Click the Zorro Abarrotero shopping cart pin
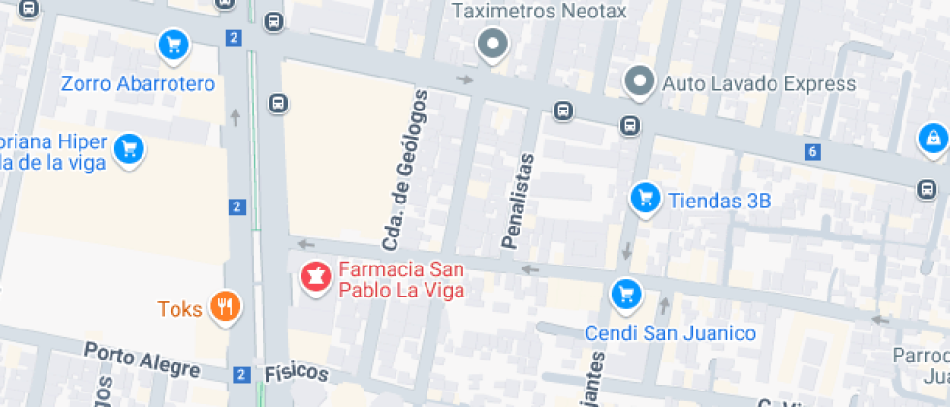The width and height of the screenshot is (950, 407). click(x=174, y=45)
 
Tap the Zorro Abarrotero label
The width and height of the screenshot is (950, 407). click(x=138, y=84)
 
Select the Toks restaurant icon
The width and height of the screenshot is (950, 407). click(x=226, y=308)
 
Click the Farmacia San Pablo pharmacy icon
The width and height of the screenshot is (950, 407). click(x=314, y=278)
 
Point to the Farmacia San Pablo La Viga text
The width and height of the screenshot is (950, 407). click(x=401, y=279)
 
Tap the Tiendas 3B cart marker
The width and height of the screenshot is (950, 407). click(x=645, y=200)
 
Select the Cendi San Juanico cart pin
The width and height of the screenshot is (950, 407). click(x=625, y=293)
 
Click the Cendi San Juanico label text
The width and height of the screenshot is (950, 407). click(x=670, y=333)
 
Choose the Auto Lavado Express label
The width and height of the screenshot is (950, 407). click(x=759, y=84)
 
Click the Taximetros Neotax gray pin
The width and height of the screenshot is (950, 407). click(x=494, y=44)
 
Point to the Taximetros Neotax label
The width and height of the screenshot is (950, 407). click(x=541, y=12)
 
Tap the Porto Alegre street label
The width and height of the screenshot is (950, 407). click(x=142, y=360)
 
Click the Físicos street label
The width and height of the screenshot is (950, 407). click(x=297, y=374)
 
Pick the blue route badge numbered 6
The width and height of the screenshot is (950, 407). click(x=812, y=151)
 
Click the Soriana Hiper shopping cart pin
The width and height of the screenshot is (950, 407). click(x=127, y=149)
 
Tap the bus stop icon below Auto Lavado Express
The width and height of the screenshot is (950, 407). click(x=630, y=125)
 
